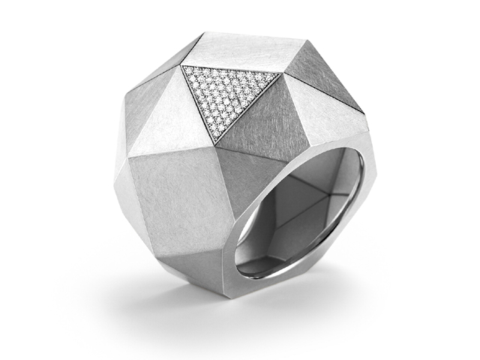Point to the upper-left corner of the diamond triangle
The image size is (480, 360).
point(183,67)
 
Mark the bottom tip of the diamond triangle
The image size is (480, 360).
point(215,142)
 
